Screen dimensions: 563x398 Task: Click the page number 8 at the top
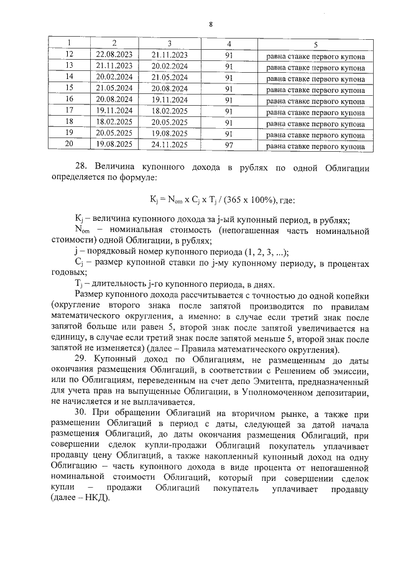tap(211, 24)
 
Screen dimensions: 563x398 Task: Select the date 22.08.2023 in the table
tap(114, 55)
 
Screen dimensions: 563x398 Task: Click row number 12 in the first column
tap(69, 55)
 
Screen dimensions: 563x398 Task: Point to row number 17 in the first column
tap(69, 110)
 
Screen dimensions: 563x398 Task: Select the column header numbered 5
tap(315, 44)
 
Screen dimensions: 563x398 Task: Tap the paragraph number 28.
tap(80, 169)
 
